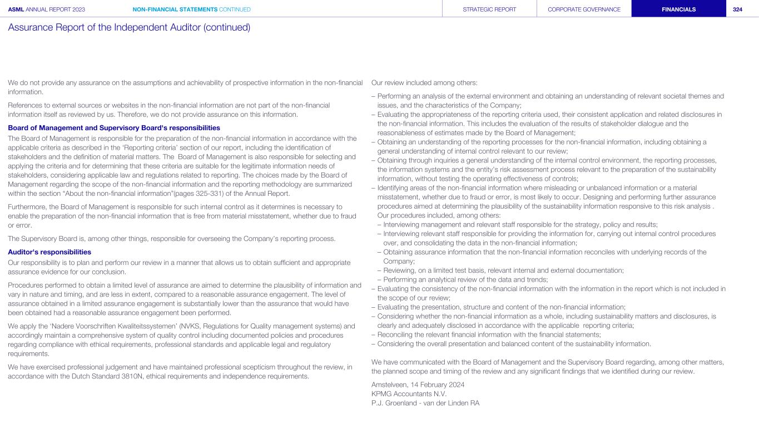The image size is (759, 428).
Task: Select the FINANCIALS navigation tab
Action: point(678,9)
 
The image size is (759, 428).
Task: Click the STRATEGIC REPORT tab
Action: point(489,9)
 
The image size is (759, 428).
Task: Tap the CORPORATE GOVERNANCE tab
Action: point(584,9)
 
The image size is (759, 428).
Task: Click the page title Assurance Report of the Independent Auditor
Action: point(129,27)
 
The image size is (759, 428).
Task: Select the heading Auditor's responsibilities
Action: point(49,252)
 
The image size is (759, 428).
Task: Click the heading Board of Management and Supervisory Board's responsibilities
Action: point(114,127)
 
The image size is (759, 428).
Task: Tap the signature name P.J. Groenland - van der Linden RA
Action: point(425,403)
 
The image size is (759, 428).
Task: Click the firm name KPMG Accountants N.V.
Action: point(409,393)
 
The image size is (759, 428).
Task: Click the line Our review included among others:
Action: point(424,83)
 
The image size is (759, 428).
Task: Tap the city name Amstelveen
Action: point(390,384)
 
